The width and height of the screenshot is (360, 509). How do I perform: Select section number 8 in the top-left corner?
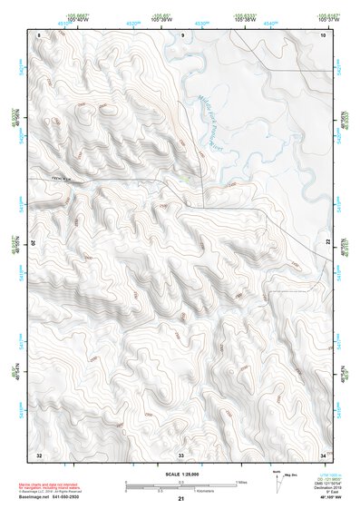pos(39,34)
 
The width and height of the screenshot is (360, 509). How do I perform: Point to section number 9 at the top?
pos(182,34)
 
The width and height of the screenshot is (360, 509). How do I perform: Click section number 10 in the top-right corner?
pos(323,34)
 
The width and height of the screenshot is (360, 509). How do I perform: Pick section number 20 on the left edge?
pos(38,243)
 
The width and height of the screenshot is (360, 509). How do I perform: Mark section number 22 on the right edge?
pos(326,243)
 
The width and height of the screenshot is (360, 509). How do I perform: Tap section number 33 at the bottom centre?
pos(181,454)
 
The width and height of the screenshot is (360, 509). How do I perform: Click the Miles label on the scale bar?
pos(242,480)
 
